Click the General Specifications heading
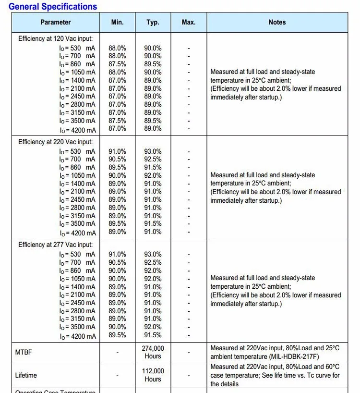click(x=53, y=7)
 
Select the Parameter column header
click(x=56, y=22)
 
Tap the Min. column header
click(x=117, y=22)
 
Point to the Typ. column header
click(x=153, y=22)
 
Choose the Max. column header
click(x=189, y=22)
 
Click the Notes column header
click(x=277, y=22)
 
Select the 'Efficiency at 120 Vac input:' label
click(x=56, y=38)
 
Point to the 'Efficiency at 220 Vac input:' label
click(x=56, y=142)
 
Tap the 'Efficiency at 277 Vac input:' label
click(x=56, y=245)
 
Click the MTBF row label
click(x=24, y=352)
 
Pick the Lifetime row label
click(x=26, y=375)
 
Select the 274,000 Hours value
click(x=153, y=352)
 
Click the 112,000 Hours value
click(x=153, y=375)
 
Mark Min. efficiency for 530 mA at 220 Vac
click(x=117, y=151)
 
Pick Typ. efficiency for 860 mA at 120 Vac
click(x=153, y=64)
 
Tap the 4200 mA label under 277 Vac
click(x=78, y=336)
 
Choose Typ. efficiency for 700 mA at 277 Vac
click(x=153, y=262)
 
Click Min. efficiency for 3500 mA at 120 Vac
click(x=117, y=121)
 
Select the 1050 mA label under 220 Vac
click(x=78, y=175)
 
